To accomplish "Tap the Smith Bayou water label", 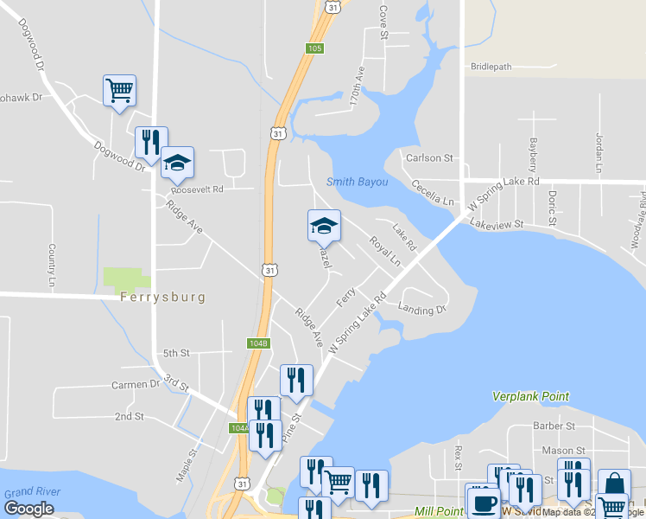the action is [x=357, y=183].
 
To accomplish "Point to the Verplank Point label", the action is [x=530, y=396].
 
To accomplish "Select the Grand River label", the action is [x=32, y=492].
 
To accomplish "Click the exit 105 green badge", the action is [x=314, y=48].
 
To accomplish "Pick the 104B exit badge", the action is [x=258, y=343].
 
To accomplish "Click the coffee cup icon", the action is [x=483, y=501].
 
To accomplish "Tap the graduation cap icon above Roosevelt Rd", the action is [x=177, y=162].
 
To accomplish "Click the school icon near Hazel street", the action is [x=324, y=225].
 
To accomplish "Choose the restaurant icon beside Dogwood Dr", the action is [x=151, y=142].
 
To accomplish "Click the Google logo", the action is [x=28, y=509].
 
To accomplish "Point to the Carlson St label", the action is [x=430, y=158].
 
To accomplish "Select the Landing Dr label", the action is [x=422, y=309].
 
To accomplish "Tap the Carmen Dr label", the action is [x=136, y=384].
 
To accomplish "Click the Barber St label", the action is [x=554, y=426].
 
